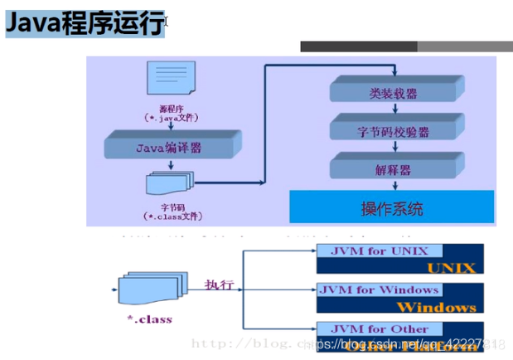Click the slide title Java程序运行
85,25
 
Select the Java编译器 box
167,148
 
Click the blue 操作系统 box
391,207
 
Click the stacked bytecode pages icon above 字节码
169,183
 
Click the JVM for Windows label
378,289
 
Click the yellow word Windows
442,306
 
